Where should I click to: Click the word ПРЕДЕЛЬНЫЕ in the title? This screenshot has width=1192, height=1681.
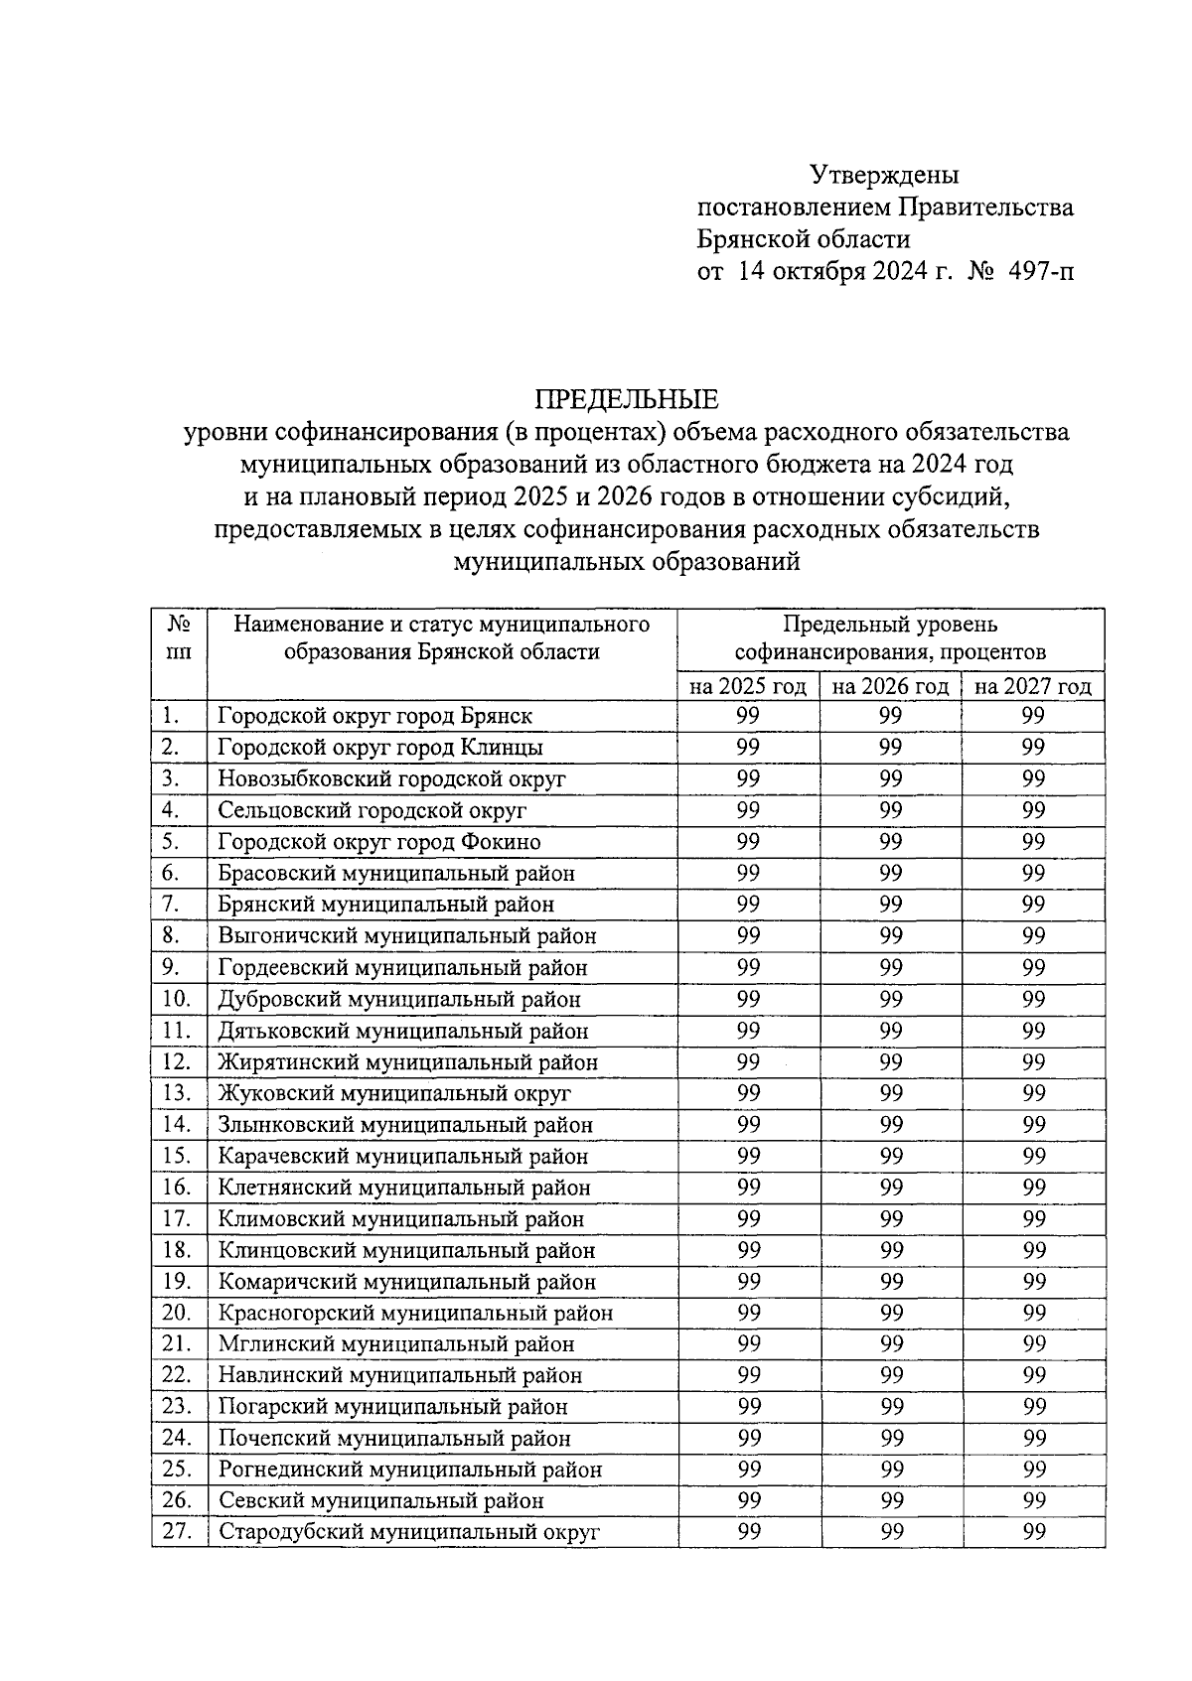pyautogui.click(x=627, y=400)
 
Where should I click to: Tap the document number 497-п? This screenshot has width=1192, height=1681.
pyautogui.click(x=1041, y=271)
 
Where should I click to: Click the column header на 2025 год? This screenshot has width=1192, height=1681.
pyautogui.click(x=748, y=686)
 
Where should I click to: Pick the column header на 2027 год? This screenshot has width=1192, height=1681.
pyautogui.click(x=1033, y=686)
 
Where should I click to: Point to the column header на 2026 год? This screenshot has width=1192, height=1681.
pyautogui.click(x=890, y=686)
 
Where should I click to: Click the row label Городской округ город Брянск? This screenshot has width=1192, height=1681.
pyautogui.click(x=375, y=716)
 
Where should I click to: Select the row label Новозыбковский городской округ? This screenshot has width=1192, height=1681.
pyautogui.click(x=391, y=778)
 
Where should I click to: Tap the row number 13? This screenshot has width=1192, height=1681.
pyautogui.click(x=177, y=1093)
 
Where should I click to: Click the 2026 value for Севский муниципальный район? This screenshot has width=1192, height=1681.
pyautogui.click(x=891, y=1500)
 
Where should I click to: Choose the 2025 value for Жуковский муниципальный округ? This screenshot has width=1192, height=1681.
pyautogui.click(x=749, y=1093)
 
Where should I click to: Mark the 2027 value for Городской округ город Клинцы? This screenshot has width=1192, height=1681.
pyautogui.click(x=1034, y=747)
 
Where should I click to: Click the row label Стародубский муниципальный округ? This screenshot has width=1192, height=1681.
pyautogui.click(x=409, y=1532)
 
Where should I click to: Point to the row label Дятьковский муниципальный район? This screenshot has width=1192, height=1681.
pyautogui.click(x=403, y=1031)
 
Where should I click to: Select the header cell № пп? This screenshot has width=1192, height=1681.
pyautogui.click(x=179, y=638)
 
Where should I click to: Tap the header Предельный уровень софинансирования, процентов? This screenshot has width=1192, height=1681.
pyautogui.click(x=890, y=638)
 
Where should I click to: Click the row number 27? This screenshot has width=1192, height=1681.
pyautogui.click(x=177, y=1532)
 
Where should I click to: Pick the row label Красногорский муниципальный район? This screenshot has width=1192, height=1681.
pyautogui.click(x=415, y=1313)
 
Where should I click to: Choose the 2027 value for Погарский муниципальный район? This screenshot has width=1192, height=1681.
pyautogui.click(x=1034, y=1406)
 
